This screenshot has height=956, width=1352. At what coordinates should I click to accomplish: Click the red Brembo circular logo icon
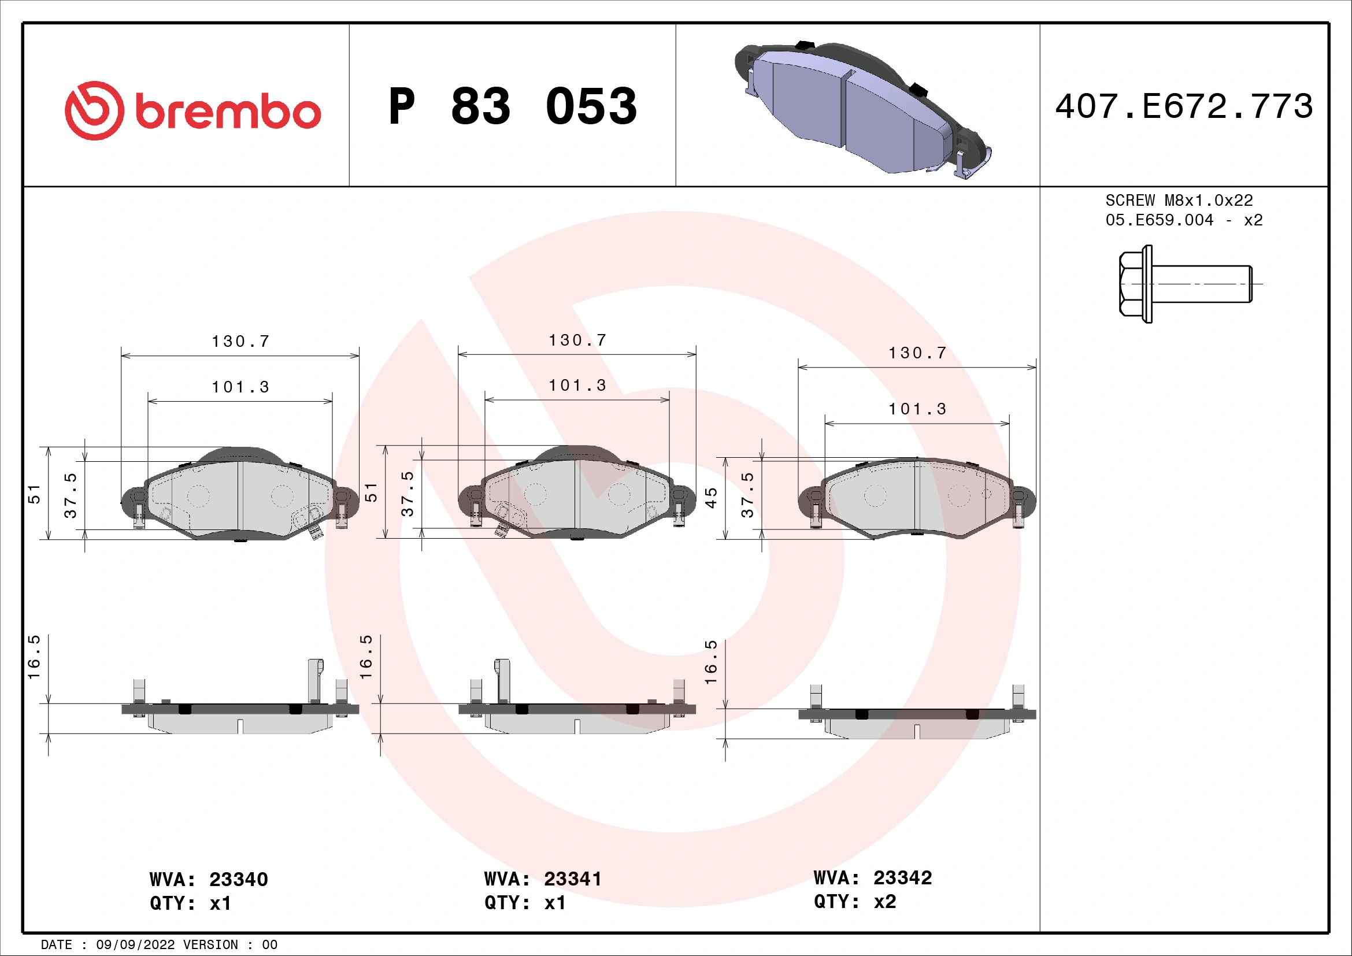pos(94,110)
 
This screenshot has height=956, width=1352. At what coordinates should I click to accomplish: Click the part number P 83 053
pos(512,106)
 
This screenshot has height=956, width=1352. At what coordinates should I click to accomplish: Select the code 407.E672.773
pos(1184,106)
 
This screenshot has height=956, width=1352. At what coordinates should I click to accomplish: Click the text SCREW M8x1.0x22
pos(1179,201)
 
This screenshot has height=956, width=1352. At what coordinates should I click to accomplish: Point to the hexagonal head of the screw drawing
pos(1132,284)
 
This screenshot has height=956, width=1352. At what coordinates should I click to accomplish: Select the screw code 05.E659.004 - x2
pos(1184,220)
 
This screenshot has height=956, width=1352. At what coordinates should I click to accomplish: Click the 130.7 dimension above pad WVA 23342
pos(917,353)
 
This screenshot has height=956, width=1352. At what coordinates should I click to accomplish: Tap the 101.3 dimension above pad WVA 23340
pos(240,387)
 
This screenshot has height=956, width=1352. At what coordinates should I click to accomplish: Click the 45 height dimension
pos(712,498)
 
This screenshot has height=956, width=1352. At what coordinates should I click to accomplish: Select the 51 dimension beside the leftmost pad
pos(34,495)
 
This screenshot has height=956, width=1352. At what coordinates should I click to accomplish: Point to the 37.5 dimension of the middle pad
pos(408,493)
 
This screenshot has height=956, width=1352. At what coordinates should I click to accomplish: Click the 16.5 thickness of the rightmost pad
pos(712,662)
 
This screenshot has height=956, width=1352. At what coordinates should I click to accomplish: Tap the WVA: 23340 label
pos(209,880)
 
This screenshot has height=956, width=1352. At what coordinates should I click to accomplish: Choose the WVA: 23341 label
pos(543,879)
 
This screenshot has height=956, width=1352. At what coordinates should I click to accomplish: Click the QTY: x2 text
pos(854,902)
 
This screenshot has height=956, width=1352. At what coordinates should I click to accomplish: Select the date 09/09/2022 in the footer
pos(135,945)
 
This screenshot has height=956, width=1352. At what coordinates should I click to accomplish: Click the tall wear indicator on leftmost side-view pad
pos(316,680)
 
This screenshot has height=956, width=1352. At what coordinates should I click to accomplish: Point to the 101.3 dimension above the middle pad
pos(577,386)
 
